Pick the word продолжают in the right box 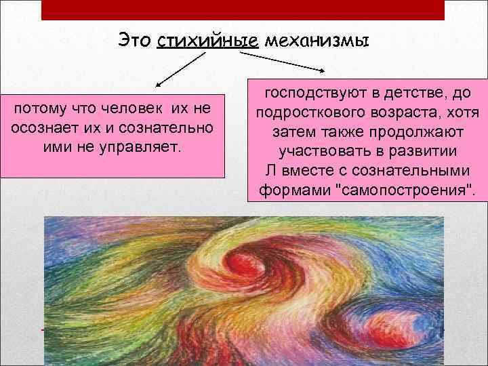tap(428, 131)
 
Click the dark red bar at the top tap(242, 9)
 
